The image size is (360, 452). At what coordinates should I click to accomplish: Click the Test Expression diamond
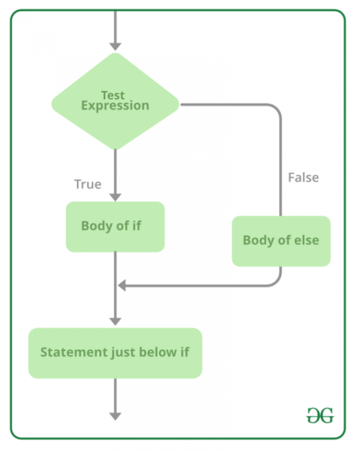[x=115, y=101]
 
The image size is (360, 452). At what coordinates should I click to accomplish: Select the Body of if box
[x=115, y=226]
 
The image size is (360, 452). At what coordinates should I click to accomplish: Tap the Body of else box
[x=281, y=241]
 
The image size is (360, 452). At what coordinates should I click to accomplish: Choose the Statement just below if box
[x=115, y=353]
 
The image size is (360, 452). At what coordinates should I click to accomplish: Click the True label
[x=88, y=184]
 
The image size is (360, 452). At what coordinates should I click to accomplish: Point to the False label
[x=303, y=178]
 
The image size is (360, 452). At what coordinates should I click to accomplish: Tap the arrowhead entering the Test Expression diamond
[x=115, y=46]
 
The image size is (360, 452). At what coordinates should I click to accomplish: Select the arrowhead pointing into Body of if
[x=115, y=196]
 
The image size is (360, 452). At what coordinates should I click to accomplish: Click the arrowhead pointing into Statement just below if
[x=115, y=322]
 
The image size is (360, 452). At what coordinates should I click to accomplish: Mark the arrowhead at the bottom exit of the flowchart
[x=115, y=416]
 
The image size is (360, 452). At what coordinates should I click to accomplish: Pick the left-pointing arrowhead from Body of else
[x=122, y=285]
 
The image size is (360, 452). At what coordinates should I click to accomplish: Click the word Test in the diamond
[x=113, y=96]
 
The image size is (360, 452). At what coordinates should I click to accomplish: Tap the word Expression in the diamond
[x=115, y=105]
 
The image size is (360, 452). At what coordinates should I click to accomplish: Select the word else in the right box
[x=307, y=241]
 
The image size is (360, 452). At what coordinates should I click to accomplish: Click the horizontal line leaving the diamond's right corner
[x=225, y=105]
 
